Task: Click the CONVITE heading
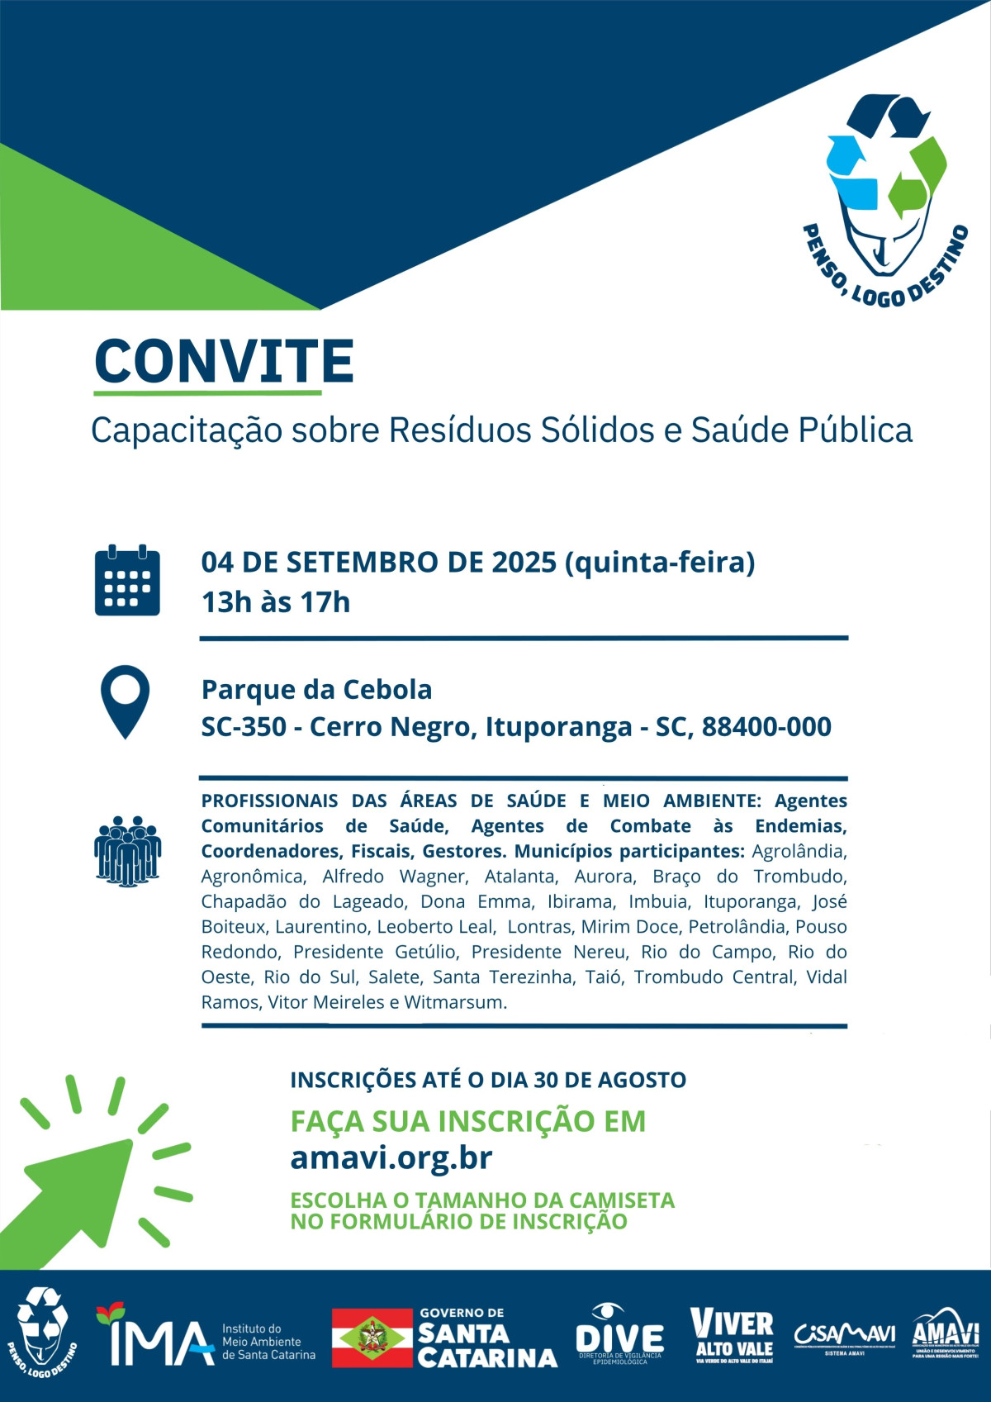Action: [224, 361]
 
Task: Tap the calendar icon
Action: [127, 581]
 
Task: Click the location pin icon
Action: [125, 701]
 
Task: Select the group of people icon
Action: [127, 851]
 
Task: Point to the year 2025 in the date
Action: [524, 563]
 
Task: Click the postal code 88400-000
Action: [766, 727]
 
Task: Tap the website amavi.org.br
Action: [391, 1158]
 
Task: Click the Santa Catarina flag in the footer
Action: [372, 1338]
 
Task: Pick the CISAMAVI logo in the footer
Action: [844, 1335]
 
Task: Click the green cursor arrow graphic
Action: [83, 1190]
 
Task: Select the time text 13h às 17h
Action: [276, 602]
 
